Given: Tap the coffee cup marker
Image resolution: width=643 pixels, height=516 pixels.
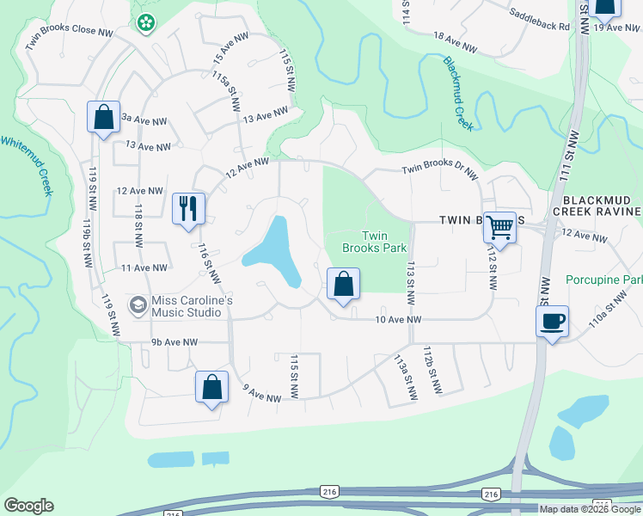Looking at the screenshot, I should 551,322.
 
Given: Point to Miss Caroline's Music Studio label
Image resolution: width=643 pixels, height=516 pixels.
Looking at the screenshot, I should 186,306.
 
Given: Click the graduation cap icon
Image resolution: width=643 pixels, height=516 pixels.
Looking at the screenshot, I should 138,305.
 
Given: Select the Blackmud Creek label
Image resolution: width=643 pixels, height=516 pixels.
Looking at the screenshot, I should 458,93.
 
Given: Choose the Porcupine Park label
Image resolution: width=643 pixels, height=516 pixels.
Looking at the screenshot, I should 604,280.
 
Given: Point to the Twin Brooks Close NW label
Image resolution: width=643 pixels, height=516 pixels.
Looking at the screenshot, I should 70,39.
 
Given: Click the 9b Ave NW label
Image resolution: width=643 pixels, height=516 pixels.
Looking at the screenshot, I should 175,342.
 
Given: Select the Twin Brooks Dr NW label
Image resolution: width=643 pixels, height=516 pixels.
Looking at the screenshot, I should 439,172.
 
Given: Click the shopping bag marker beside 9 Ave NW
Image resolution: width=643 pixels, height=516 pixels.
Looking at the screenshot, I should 211,388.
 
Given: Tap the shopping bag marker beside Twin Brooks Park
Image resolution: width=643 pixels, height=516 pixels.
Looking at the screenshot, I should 342,283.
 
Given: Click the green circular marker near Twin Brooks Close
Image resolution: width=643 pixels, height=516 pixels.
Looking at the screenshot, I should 147,21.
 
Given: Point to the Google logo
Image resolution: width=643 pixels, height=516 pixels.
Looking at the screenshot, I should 28,506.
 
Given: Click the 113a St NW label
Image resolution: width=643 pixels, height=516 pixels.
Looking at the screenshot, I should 401,376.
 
